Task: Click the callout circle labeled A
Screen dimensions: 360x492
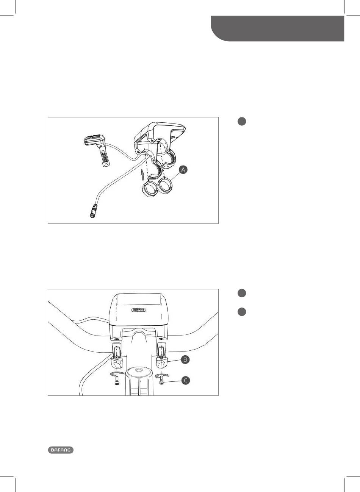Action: [x=183, y=170]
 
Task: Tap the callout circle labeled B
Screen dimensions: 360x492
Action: [x=185, y=359]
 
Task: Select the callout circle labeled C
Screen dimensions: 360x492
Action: [x=186, y=380]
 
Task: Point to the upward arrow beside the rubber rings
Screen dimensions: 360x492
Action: [x=143, y=175]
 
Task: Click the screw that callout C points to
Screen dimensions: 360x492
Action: [x=162, y=380]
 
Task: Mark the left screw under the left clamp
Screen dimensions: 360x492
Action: [x=116, y=380]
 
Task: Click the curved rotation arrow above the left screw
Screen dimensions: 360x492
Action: [x=116, y=373]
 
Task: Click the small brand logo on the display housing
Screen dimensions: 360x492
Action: [x=139, y=310]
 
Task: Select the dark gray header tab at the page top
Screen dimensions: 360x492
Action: [x=277, y=28]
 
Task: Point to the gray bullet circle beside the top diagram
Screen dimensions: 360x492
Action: [x=242, y=122]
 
